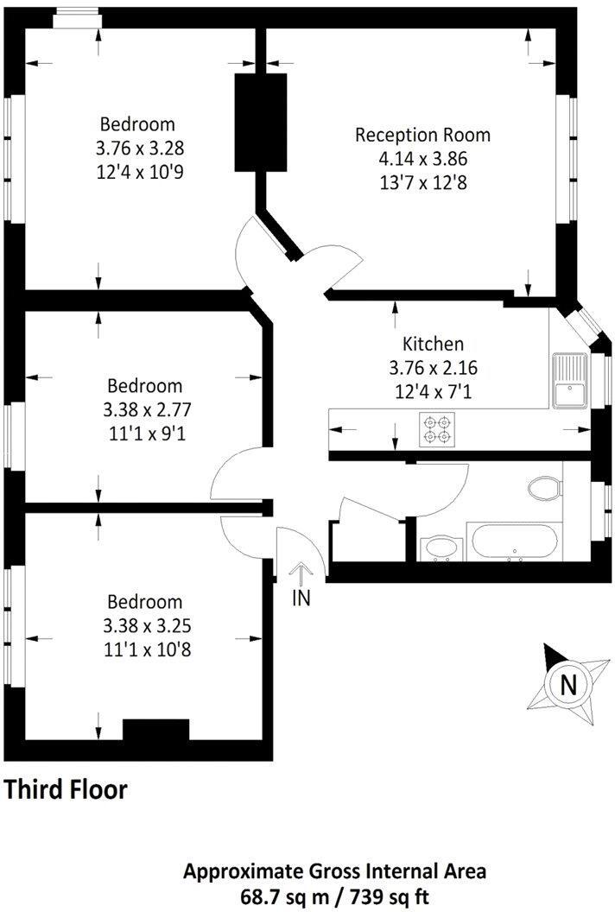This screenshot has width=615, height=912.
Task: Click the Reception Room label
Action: click(x=422, y=135)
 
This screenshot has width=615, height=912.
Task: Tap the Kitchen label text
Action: click(x=433, y=344)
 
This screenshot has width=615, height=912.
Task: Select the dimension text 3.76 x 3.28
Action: click(x=140, y=148)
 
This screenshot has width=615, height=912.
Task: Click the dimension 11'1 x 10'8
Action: click(x=145, y=648)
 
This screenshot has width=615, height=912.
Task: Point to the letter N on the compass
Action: click(x=567, y=685)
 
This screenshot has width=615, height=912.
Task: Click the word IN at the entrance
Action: click(x=301, y=597)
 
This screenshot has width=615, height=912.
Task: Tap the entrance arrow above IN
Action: click(x=301, y=574)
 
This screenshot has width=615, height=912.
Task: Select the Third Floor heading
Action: click(x=67, y=788)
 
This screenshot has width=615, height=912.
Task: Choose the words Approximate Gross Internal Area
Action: click(x=339, y=871)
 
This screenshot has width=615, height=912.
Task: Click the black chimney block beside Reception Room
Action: click(x=260, y=121)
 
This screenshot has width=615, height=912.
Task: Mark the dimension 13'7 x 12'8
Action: click(x=422, y=182)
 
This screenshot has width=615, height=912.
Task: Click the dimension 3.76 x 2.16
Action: click(x=433, y=368)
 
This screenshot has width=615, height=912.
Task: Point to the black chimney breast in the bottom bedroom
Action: click(x=155, y=730)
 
